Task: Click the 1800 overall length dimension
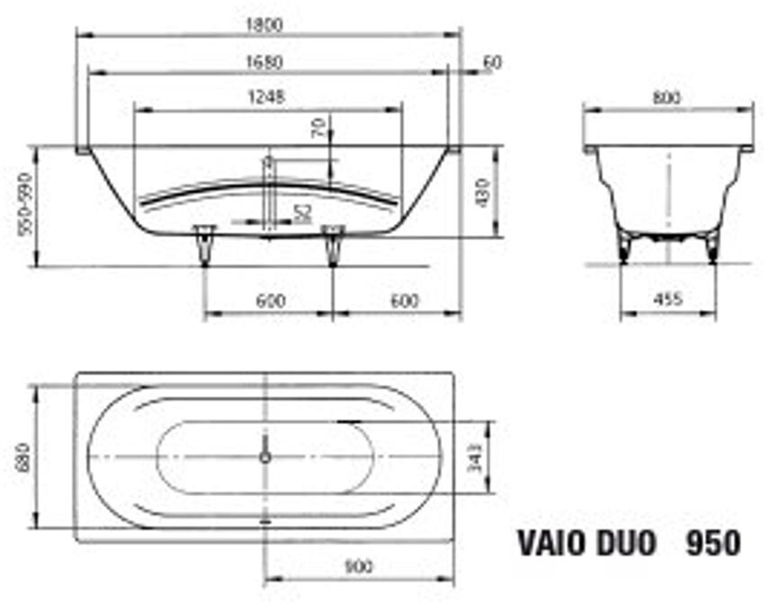tap(269, 25)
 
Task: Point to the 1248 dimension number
tap(267, 98)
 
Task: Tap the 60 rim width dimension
tap(492, 62)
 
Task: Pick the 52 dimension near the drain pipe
tap(302, 212)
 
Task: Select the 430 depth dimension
tap(483, 191)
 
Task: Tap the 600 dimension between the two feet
tap(269, 302)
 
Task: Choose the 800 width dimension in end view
tap(667, 97)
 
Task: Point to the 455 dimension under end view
tap(667, 299)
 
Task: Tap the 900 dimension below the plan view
tap(357, 567)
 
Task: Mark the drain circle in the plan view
tap(264, 457)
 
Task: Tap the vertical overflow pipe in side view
tap(267, 193)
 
